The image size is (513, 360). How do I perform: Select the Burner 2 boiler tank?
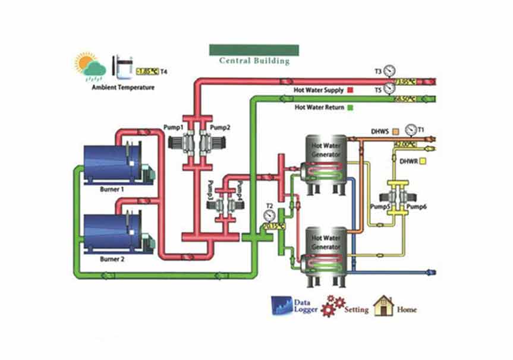[112, 233]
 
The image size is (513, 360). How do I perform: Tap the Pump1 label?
[173, 128]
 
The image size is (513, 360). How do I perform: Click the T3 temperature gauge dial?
[389, 71]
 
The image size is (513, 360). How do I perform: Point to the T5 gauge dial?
[389, 89]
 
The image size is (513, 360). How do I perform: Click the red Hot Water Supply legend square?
[351, 90]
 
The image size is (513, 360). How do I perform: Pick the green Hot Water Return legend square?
[351, 108]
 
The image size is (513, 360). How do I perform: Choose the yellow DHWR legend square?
[423, 161]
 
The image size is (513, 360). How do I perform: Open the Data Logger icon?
[281, 305]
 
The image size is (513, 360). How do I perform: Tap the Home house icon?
[384, 306]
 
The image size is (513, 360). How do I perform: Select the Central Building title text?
[254, 61]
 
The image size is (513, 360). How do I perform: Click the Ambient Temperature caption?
[123, 87]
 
